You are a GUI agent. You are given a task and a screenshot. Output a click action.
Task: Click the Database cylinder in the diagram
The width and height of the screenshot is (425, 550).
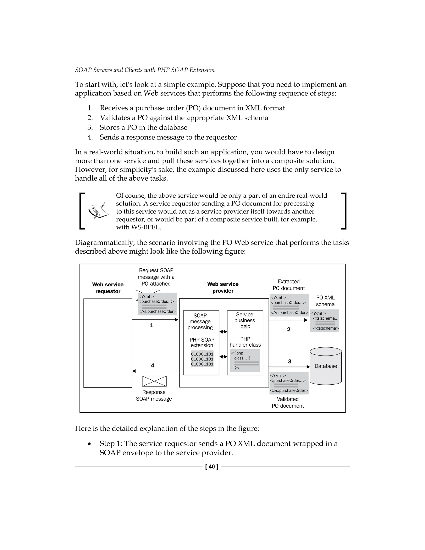pyautogui.click(x=326, y=366)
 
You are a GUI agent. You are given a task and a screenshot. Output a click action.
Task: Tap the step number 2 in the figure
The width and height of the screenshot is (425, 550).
pyautogui.click(x=289, y=329)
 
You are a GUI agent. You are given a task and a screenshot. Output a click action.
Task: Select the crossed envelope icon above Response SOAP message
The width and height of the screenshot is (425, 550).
pyautogui.click(x=154, y=381)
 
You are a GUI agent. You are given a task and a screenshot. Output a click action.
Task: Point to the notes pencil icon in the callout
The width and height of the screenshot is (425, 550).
pyautogui.click(x=98, y=210)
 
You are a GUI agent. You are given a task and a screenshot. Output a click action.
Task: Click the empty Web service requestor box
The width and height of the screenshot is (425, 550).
pyautogui.click(x=108, y=343)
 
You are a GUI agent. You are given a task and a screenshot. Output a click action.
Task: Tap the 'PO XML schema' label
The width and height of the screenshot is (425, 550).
pyautogui.click(x=325, y=301)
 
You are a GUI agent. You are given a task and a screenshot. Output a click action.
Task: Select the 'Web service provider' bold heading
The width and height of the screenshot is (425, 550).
pyautogui.click(x=223, y=287)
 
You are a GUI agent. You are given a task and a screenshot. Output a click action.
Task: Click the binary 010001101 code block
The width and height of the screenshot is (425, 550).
pyautogui.click(x=202, y=359)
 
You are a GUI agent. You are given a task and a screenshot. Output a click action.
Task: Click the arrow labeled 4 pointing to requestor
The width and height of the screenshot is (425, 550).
pyautogui.click(x=155, y=371)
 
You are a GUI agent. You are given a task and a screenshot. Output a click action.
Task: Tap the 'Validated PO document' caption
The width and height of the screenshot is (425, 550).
pyautogui.click(x=288, y=402)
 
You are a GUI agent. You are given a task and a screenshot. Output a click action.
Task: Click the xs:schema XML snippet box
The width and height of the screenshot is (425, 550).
pyautogui.click(x=325, y=321)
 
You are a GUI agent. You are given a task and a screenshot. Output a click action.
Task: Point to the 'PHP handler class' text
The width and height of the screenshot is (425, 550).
pyautogui.click(x=245, y=342)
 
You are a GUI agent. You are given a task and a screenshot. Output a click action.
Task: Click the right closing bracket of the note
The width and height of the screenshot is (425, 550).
pyautogui.click(x=344, y=211)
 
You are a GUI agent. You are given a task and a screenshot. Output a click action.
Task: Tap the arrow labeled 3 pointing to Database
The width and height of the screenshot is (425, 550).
pyautogui.click(x=289, y=367)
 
